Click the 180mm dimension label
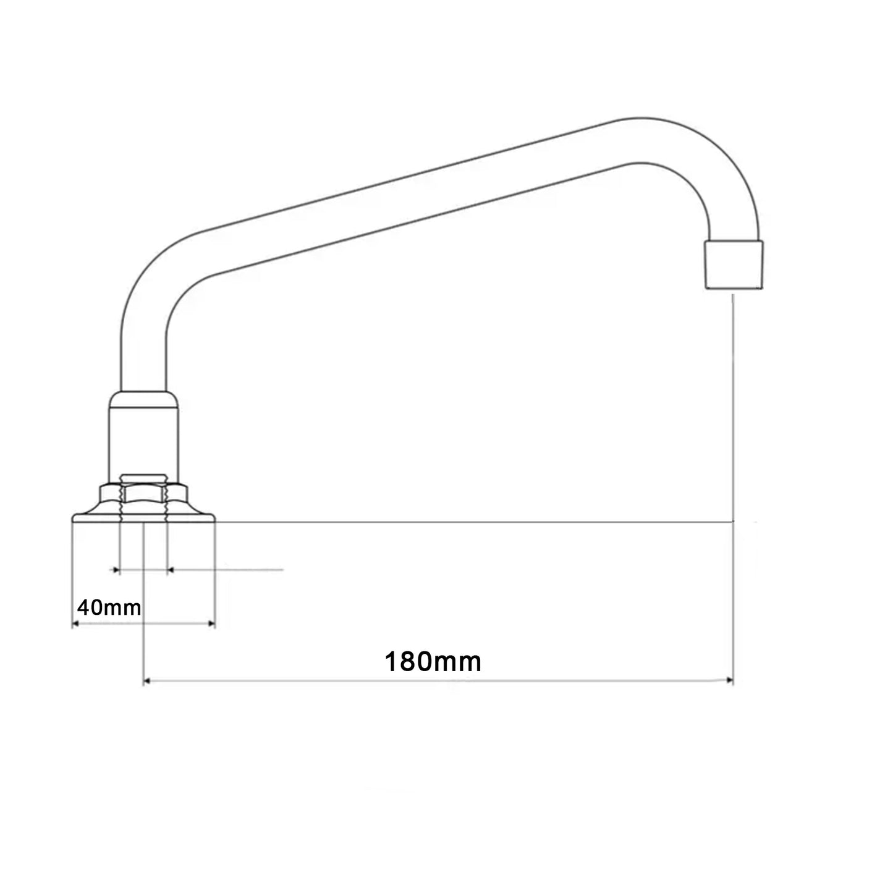tap(433, 662)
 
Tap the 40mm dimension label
tap(109, 607)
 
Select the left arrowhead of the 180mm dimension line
tap(147, 681)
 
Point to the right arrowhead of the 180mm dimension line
tap(729, 681)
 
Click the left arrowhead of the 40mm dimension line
tap(76, 624)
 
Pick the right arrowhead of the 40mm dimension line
tap(211, 624)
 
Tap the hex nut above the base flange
tap(143, 494)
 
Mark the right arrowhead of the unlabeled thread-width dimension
tap(171, 569)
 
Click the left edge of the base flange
tap(74, 518)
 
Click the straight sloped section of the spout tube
tap(408, 198)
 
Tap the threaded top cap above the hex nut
tap(143, 478)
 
